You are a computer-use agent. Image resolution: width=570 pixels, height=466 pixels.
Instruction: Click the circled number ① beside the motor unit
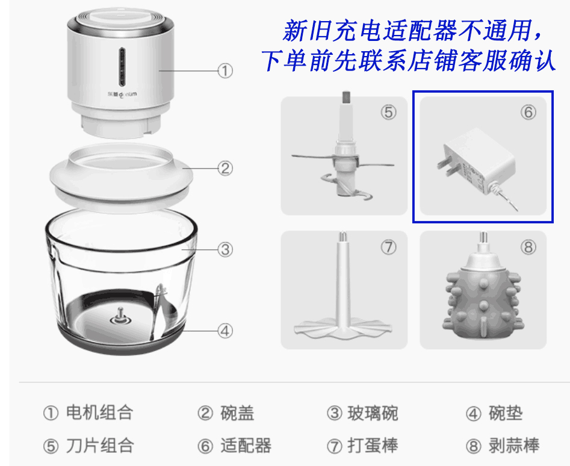click(x=225, y=71)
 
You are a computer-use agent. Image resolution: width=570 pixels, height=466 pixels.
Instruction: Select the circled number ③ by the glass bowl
click(x=225, y=249)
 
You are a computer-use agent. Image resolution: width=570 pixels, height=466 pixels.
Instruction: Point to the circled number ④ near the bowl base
click(x=225, y=330)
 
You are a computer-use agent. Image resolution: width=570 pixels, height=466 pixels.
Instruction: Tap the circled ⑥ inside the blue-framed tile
click(x=528, y=113)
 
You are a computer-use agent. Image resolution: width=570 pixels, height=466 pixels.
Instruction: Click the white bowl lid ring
click(x=120, y=181)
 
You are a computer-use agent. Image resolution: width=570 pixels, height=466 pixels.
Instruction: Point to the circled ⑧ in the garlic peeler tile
click(x=528, y=247)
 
